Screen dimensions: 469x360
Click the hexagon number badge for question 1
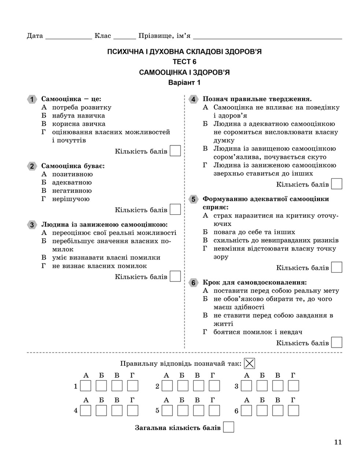32,99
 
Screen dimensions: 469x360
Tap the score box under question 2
175,210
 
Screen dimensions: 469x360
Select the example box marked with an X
249,363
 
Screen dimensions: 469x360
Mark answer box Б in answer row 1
101,386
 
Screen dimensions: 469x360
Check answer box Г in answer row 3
293,386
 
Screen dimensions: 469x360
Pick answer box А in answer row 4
86,410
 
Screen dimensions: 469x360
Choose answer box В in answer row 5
198,410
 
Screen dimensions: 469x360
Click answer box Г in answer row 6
293,410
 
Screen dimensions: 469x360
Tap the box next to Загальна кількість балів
229,427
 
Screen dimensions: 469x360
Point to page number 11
337,442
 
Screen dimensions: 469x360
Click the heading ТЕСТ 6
185,62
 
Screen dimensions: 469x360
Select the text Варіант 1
184,83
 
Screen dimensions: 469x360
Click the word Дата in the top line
35,36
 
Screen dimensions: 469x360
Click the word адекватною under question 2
72,182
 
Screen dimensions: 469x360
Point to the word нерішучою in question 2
71,199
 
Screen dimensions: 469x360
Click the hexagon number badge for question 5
193,199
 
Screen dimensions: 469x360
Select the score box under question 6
336,343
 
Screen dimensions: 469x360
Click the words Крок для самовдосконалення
255,282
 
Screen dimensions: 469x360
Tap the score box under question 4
336,184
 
